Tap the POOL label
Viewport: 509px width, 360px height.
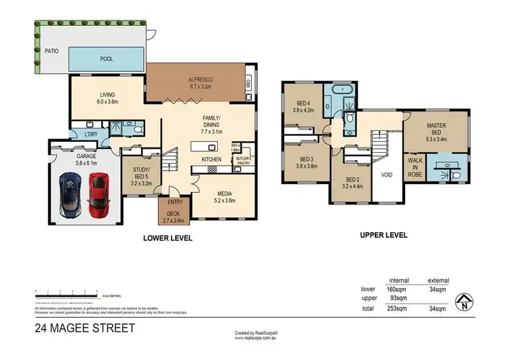(x=107, y=59)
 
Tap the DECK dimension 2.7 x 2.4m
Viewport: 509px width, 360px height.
(x=174, y=220)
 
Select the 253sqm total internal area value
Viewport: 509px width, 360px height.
(x=398, y=308)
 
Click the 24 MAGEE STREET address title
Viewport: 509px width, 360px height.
(x=85, y=329)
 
